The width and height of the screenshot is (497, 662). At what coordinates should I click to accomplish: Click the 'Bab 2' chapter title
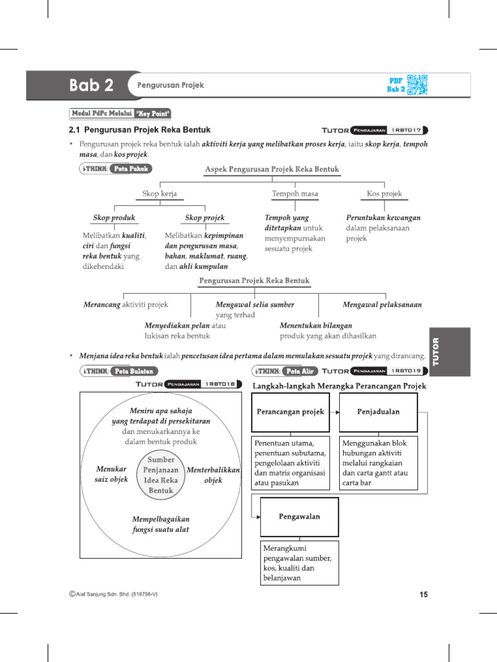[91, 85]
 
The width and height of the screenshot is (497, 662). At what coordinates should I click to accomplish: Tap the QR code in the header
[417, 85]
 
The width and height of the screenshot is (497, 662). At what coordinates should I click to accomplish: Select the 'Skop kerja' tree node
[159, 193]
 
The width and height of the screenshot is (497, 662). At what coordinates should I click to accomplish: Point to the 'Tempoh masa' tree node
[294, 193]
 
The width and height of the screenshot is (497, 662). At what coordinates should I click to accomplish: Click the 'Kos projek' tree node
[384, 193]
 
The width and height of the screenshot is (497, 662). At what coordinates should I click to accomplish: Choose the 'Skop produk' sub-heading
[114, 218]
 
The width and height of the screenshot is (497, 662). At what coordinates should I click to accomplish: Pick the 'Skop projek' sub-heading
[204, 218]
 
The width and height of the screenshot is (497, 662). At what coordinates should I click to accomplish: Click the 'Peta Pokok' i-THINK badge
[130, 169]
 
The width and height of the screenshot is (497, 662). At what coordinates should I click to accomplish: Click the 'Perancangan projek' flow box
[290, 412]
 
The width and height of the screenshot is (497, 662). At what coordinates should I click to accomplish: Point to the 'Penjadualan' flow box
[379, 412]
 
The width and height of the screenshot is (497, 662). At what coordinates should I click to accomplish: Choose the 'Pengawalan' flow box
[298, 517]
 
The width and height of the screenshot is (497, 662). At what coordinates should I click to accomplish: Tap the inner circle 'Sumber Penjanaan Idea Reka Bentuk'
[161, 475]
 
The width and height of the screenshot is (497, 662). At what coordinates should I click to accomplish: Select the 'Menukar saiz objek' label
[111, 475]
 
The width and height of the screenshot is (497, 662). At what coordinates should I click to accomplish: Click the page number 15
[423, 595]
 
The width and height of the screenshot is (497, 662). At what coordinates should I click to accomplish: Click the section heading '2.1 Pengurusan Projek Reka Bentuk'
[139, 130]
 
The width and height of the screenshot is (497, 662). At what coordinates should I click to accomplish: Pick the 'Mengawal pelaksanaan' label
[382, 304]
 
